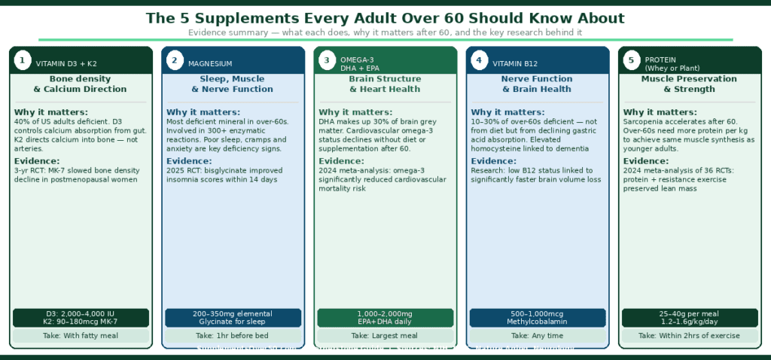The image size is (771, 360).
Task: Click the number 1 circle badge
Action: pyautogui.click(x=23, y=60)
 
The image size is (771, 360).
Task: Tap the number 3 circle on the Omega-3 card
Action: pyautogui.click(x=327, y=60)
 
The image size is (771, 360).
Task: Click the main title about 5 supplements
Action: pyautogui.click(x=385, y=18)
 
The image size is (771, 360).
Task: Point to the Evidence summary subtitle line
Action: pyautogui.click(x=385, y=32)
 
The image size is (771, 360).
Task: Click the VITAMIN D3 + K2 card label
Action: pyautogui.click(x=66, y=64)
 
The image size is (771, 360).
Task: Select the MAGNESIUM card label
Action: pyautogui.click(x=210, y=64)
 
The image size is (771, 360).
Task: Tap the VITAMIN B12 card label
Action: pyautogui.click(x=517, y=64)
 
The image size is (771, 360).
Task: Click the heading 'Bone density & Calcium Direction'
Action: pyautogui.click(x=81, y=84)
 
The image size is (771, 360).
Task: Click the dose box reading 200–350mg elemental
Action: pyautogui.click(x=233, y=317)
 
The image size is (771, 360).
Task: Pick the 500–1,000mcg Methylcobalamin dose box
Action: pyautogui.click(x=538, y=317)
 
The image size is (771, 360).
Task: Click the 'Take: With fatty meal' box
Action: pyautogui.click(x=81, y=336)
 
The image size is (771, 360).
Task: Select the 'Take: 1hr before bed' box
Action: pyautogui.click(x=233, y=336)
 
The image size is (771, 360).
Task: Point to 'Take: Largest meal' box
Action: pyautogui.click(x=385, y=336)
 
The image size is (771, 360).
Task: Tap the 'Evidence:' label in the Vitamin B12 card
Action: pyautogui.click(x=494, y=161)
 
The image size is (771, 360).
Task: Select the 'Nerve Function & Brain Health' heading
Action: pyautogui.click(x=537, y=84)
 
